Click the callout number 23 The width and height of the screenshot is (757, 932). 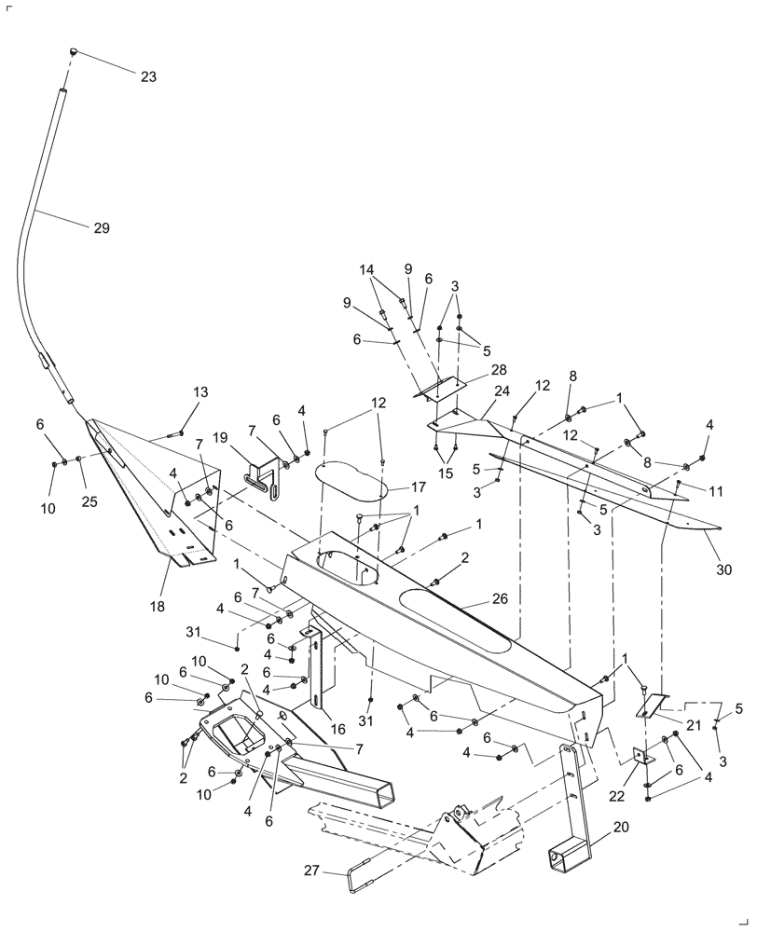pos(149,78)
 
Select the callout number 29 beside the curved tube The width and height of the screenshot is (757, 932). pos(101,227)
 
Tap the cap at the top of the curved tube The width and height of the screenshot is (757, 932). pos(75,50)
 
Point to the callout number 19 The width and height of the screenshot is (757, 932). pos(219,437)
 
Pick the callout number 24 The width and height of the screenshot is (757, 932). pos(502,391)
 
